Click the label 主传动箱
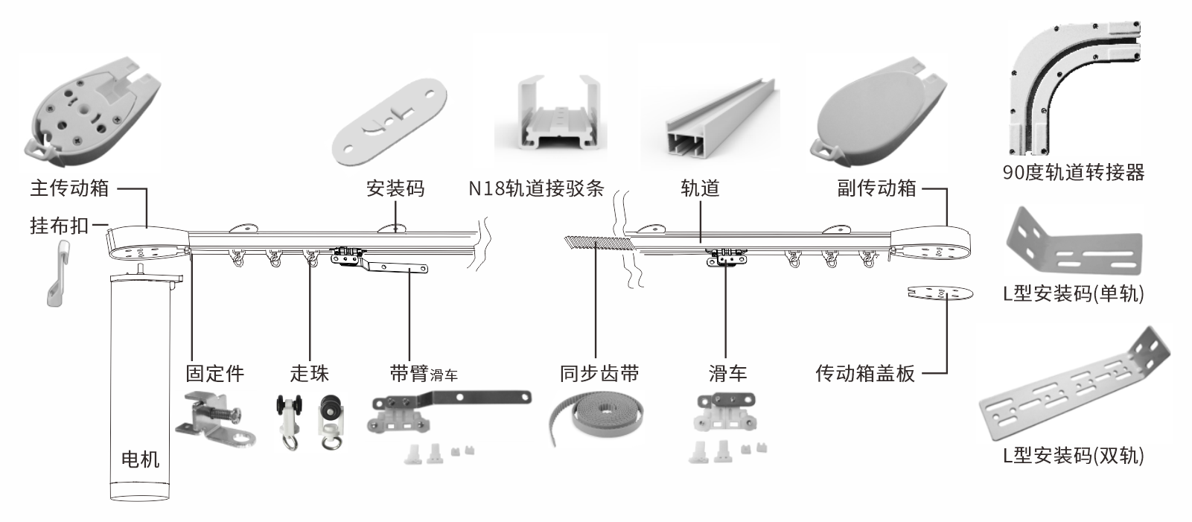[69, 188]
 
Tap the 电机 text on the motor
[140, 459]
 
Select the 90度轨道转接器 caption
[1073, 173]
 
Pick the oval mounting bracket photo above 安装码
[390, 118]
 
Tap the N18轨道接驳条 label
[535, 188]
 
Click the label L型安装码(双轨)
[1073, 455]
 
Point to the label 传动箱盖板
[864, 373]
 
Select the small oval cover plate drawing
[940, 293]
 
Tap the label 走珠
[309, 373]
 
